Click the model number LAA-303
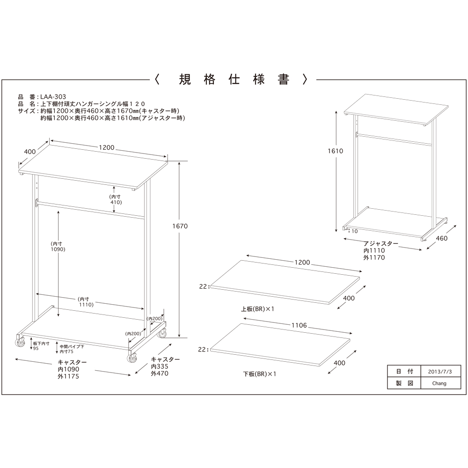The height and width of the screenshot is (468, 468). tap(53, 97)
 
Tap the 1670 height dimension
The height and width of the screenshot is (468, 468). tap(180, 226)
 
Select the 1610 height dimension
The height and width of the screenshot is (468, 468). tap(336, 151)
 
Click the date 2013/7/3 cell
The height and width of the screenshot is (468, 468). tap(440, 372)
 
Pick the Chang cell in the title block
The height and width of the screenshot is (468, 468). tap(440, 383)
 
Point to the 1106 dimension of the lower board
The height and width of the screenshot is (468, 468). tap(299, 325)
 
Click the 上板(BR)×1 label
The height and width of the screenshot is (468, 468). tap(257, 309)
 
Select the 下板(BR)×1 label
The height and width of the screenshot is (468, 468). tap(259, 374)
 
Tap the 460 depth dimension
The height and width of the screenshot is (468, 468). tap(442, 238)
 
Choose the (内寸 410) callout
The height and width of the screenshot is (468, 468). tap(116, 199)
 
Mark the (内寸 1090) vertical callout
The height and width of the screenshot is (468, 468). tap(58, 247)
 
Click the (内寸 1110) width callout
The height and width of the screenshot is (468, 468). tap(86, 302)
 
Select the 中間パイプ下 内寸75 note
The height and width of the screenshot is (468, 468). tap(72, 349)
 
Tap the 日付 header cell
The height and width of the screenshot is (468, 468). tap(404, 372)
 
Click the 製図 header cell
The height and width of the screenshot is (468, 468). tap(404, 383)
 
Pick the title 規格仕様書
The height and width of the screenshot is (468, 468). tap(234, 80)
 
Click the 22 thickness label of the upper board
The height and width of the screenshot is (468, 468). tap(203, 286)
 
